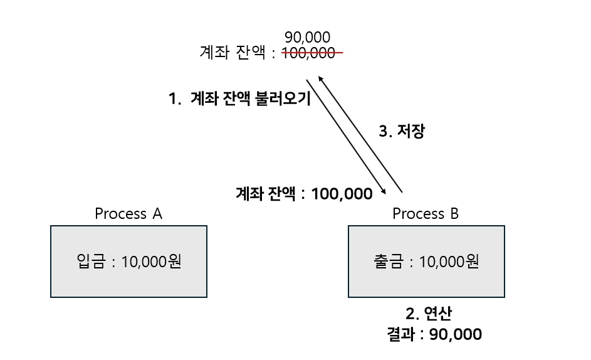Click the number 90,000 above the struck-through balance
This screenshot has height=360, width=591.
[x=307, y=38]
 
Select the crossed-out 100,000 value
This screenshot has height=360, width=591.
[x=308, y=54]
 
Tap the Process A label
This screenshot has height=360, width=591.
[x=128, y=214]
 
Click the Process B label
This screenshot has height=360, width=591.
[x=426, y=214]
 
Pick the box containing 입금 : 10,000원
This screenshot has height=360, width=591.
[x=128, y=262]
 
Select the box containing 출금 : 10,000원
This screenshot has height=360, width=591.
[x=426, y=262]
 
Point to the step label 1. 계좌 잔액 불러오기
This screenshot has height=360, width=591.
[x=239, y=100]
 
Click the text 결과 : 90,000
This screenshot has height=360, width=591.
[x=434, y=334]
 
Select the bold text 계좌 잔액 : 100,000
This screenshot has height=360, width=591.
[x=304, y=194]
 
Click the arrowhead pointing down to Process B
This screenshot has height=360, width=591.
[x=384, y=191]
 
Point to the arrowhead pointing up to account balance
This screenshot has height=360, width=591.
[x=320, y=79]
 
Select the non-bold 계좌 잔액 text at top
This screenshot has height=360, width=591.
[x=233, y=54]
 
